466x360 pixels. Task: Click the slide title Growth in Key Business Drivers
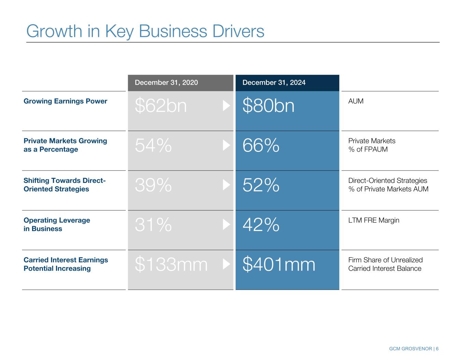[x=145, y=31]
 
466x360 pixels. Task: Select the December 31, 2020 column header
[x=166, y=83]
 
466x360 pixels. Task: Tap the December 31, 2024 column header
[x=274, y=83]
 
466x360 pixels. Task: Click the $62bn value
[x=161, y=106]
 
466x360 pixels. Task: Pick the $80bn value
[x=268, y=106]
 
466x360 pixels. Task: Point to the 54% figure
[x=153, y=146]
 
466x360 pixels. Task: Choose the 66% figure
[x=261, y=146]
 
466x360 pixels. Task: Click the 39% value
[x=153, y=185]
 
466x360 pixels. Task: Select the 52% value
[x=261, y=185]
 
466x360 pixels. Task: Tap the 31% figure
[x=153, y=225]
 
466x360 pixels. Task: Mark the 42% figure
[x=261, y=225]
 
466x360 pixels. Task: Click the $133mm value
[x=171, y=265]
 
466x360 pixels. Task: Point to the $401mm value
[x=279, y=265]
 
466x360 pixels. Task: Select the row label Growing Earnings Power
[x=65, y=101]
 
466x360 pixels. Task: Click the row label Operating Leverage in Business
[x=57, y=225]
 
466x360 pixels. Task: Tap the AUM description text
[x=356, y=101]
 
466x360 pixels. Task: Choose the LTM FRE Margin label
[x=373, y=220]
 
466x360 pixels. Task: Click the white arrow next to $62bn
[x=226, y=106]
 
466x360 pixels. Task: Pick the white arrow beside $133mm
[x=226, y=264]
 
